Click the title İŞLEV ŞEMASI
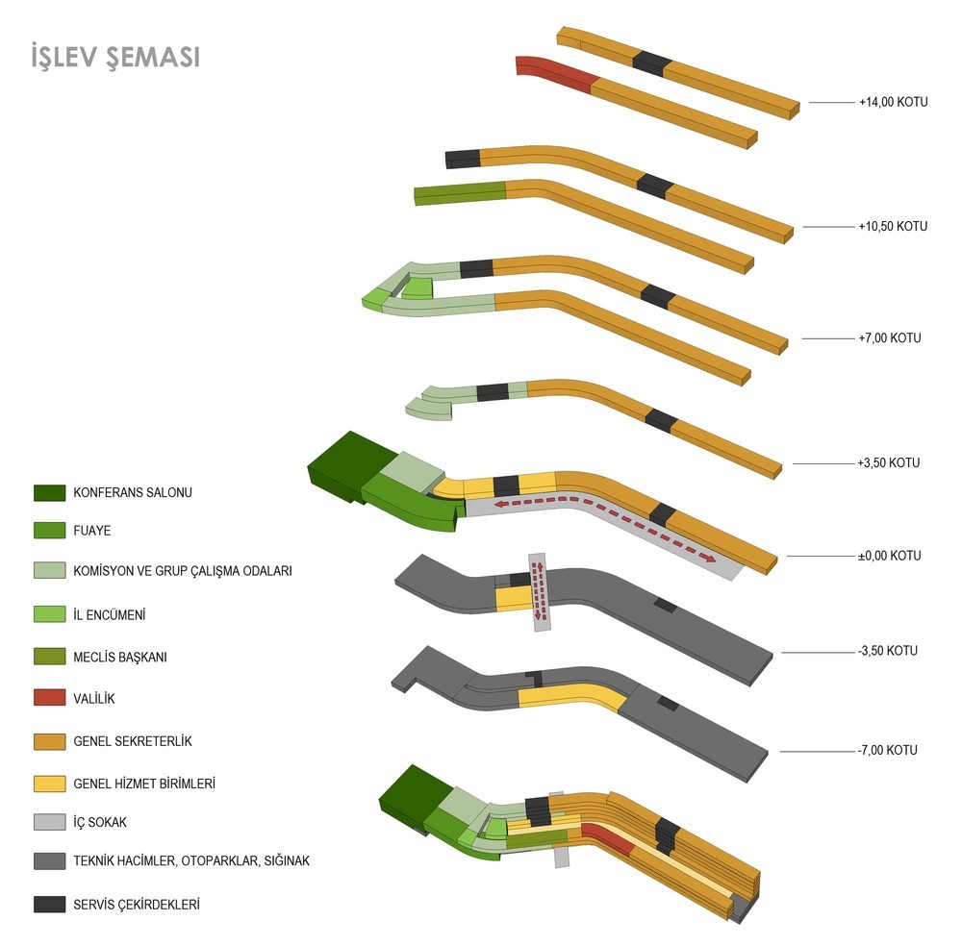[x=114, y=57]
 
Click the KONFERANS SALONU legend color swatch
[x=48, y=493]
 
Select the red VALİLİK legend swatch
[x=48, y=699]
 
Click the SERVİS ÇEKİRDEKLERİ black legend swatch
[x=48, y=905]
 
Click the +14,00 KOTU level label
[x=893, y=102]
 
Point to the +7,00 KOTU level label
[x=890, y=338]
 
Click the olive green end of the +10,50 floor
[x=460, y=192]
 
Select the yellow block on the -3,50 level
[x=513, y=597]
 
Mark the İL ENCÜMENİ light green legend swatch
[x=48, y=614]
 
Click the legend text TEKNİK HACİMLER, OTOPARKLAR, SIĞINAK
[x=191, y=861]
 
